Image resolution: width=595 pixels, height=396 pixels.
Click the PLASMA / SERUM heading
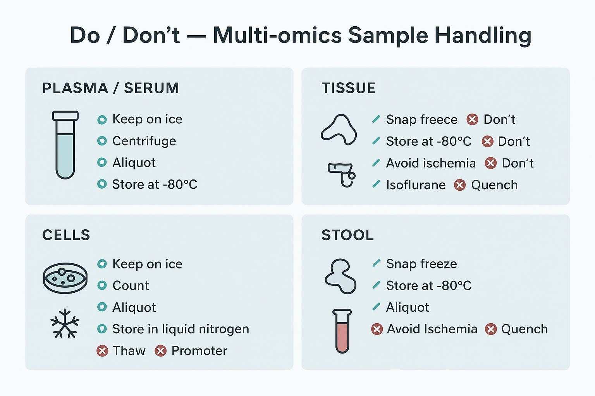tap(110, 88)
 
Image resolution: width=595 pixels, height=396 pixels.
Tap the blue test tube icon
tap(65, 145)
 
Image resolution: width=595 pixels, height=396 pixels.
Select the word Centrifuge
tap(144, 141)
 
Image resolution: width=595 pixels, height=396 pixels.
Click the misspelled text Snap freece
tap(421, 119)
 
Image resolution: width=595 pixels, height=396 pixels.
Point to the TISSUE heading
tap(348, 88)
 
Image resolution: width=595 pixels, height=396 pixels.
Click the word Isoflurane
tap(416, 185)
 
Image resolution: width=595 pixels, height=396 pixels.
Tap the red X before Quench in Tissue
tap(460, 185)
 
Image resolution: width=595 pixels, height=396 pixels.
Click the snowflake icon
tap(65, 323)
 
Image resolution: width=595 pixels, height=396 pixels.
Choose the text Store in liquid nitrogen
tap(181, 329)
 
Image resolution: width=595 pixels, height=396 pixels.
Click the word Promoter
tap(199, 351)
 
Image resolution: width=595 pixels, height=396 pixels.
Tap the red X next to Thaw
tap(102, 351)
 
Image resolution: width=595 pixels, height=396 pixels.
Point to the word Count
tap(131, 285)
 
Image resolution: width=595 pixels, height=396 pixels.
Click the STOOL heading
tap(347, 235)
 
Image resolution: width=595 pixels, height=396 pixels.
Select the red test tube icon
tap(342, 331)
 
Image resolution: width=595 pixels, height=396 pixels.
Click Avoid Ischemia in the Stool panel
tap(432, 329)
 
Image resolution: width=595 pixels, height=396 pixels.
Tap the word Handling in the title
tap(483, 35)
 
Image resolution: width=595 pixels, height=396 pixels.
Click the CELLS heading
tap(66, 235)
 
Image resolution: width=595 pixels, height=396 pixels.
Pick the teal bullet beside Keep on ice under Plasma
tap(102, 120)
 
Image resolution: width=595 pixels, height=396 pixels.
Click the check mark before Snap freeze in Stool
tap(376, 263)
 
